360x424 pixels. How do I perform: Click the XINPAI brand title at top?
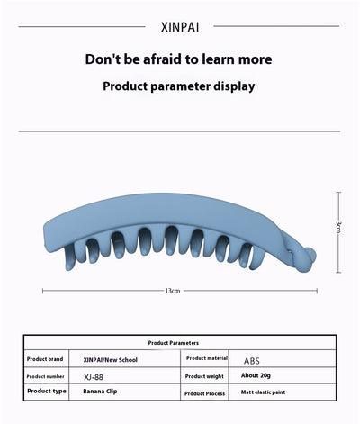pos(180,27)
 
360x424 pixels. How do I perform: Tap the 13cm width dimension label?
pos(173,291)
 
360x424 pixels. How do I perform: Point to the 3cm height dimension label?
pos(338,227)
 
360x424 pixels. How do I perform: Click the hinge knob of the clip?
pos(309,258)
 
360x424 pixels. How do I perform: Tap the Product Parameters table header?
pos(174,343)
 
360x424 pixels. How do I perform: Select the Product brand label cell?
pos(45,359)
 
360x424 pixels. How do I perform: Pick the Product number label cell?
pos(45,376)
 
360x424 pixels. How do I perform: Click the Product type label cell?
pos(47,391)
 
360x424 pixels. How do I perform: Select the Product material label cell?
pos(207,358)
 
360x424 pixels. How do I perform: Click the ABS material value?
pos(251,361)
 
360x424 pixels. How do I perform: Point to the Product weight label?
pos(204,376)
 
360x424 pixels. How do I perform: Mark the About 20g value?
pos(256,375)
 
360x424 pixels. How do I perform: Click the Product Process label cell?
pos(204,393)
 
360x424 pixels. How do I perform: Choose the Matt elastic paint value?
pos(263,392)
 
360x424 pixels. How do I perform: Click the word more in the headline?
pos(255,59)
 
